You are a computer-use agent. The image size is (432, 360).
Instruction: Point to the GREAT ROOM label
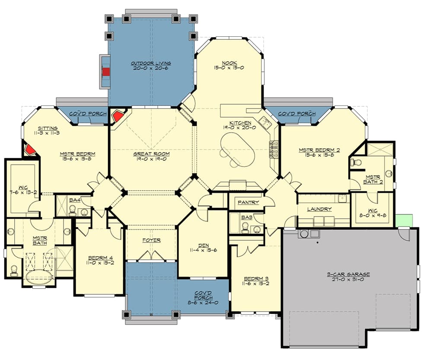point(151,154)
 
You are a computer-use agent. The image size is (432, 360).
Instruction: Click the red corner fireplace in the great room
point(117,117)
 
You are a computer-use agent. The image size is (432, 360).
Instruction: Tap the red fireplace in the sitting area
point(29,150)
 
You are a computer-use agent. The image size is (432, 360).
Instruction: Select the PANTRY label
point(248,202)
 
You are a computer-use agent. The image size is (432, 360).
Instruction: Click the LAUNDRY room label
point(319,209)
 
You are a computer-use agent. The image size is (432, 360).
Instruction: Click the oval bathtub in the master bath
point(39,277)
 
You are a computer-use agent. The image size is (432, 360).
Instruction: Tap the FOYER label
point(151,240)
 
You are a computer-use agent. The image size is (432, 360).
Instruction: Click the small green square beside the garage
point(403,220)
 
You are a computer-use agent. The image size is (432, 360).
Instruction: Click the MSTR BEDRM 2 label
point(319,150)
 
